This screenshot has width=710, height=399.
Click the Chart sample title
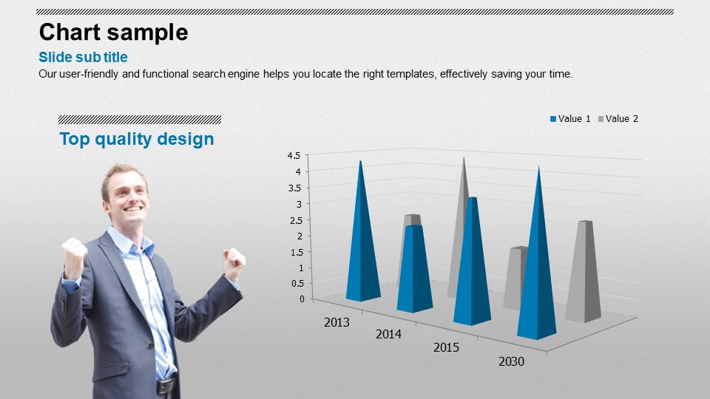113,33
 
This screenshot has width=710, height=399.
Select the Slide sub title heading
83,58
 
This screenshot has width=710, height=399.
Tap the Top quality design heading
137,140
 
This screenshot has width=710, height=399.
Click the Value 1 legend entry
570,119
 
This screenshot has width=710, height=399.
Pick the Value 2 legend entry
618,119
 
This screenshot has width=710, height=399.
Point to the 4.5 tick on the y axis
294,156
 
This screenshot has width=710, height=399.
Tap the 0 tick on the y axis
302,299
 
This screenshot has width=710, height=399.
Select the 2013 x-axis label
337,322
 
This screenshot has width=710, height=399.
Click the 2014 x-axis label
388,334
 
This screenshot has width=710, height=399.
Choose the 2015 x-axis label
446,347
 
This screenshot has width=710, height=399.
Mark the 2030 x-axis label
511,361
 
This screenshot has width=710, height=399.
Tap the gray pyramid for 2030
584,271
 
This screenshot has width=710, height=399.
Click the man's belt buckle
164,386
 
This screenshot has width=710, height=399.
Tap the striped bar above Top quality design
140,120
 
